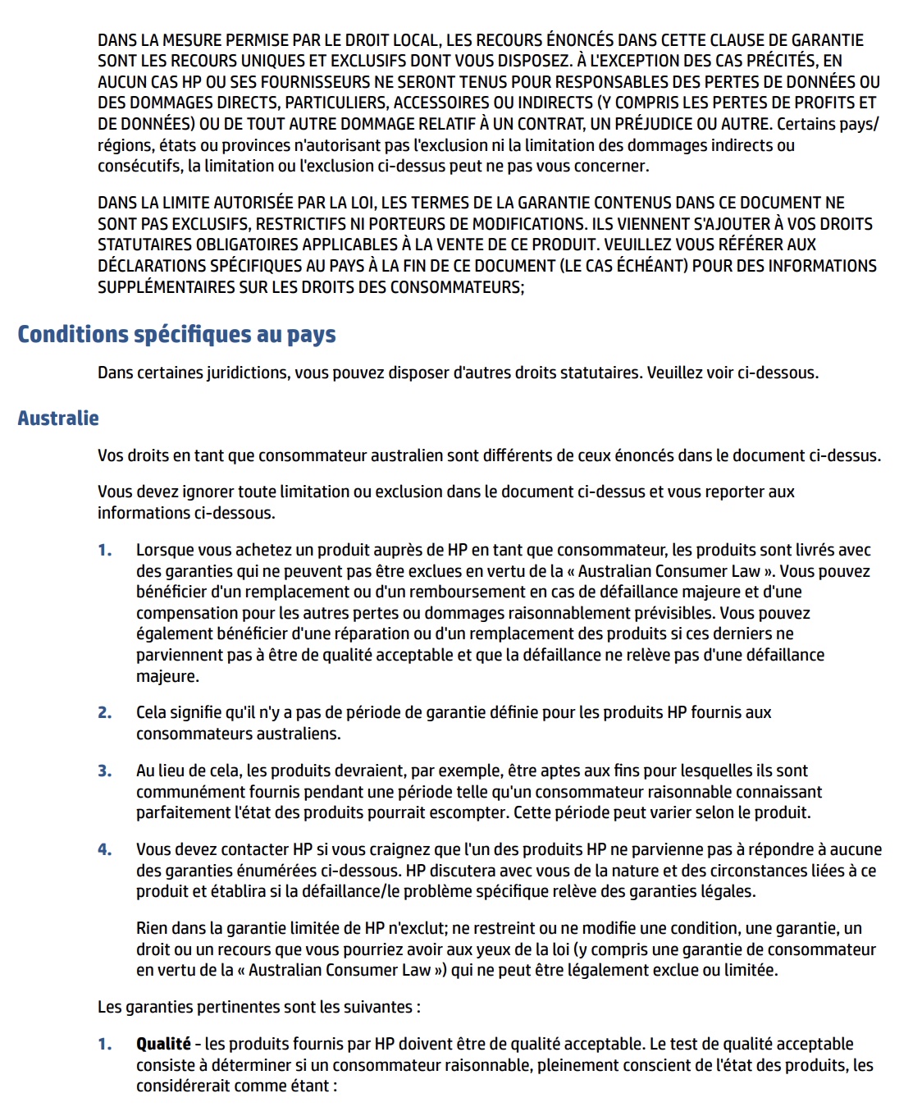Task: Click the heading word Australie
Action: pos(58,418)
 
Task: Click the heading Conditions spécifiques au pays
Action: pos(176,335)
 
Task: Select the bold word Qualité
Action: pos(163,1044)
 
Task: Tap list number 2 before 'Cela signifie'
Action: pos(105,713)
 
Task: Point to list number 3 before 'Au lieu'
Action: pos(105,771)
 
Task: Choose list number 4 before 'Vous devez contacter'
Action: pos(105,850)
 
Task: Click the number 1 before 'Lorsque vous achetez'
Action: pos(105,551)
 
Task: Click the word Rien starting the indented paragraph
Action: pos(153,929)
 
